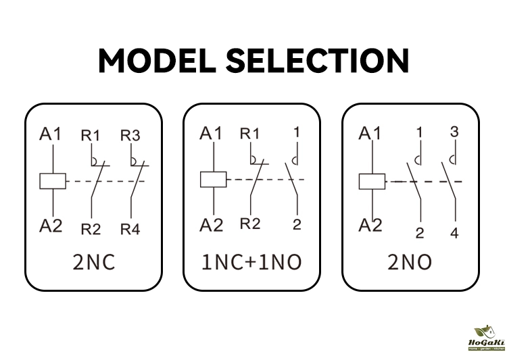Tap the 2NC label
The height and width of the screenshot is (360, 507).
click(x=94, y=263)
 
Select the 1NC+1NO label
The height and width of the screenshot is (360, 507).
click(x=251, y=263)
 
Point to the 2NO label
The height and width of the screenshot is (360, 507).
click(x=410, y=263)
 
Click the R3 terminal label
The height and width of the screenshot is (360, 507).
click(x=130, y=135)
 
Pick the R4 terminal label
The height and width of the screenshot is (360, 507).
click(x=130, y=230)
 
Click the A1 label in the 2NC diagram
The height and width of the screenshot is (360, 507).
click(x=51, y=134)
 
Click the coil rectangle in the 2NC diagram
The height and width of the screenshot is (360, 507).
click(x=52, y=180)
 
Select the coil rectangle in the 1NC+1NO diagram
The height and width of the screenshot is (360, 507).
click(x=212, y=180)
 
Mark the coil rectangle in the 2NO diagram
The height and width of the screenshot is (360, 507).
click(x=371, y=181)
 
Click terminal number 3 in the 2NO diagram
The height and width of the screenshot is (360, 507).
click(x=454, y=132)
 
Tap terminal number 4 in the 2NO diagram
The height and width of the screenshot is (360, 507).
click(x=454, y=234)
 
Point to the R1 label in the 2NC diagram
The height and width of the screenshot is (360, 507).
click(x=91, y=135)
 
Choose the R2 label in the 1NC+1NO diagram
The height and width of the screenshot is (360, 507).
click(x=250, y=224)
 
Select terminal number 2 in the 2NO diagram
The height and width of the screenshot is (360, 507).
click(x=420, y=234)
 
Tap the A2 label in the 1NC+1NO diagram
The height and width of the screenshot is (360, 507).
click(x=212, y=225)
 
